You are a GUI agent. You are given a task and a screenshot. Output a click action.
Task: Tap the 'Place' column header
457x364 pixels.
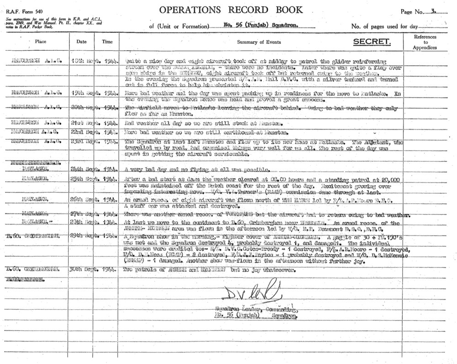[x=41, y=42]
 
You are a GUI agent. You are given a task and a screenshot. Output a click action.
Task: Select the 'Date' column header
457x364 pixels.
[x=81, y=42]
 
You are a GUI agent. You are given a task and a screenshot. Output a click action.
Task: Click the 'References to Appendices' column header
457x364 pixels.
[x=425, y=42]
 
